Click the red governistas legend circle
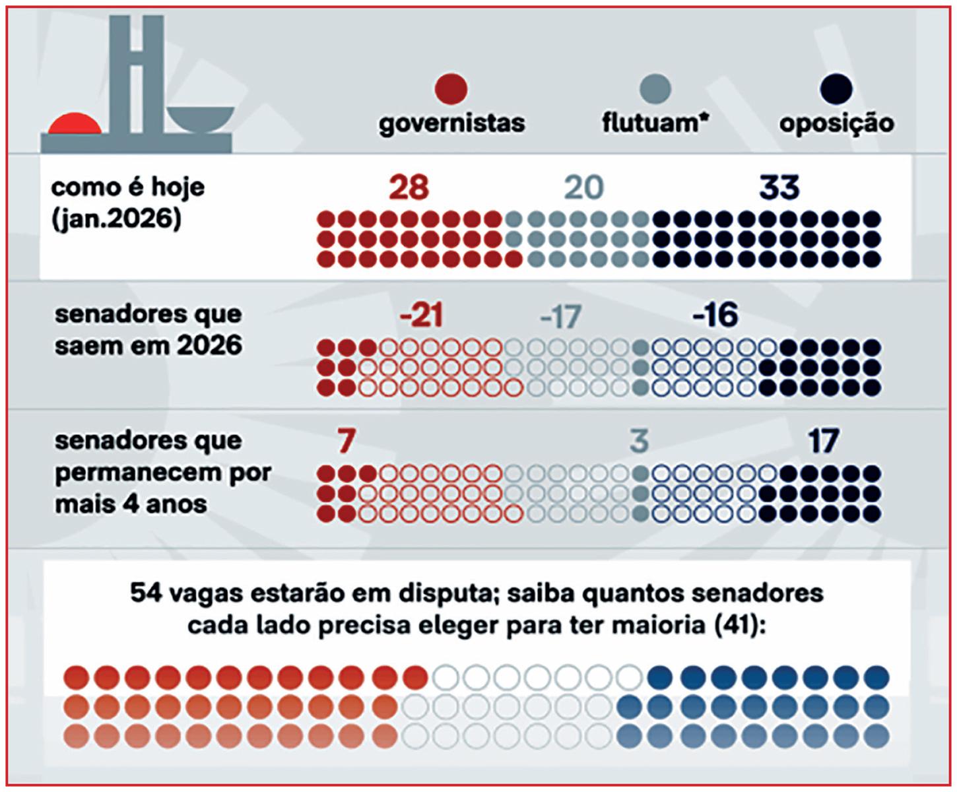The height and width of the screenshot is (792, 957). click(451, 88)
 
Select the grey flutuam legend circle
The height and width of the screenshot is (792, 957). click(655, 88)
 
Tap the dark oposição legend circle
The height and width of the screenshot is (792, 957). click(836, 88)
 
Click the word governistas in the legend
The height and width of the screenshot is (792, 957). click(451, 123)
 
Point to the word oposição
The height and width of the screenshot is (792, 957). click(836, 124)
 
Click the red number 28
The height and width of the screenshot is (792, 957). click(409, 187)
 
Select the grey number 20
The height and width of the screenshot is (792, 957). click(583, 187)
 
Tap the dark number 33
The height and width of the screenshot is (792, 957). click(779, 187)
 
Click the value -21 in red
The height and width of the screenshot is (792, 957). click(421, 316)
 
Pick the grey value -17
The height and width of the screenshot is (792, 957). click(560, 317)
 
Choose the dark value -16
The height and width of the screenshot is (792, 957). click(715, 316)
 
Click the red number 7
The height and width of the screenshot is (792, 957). click(346, 442)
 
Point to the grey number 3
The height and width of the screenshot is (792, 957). click(639, 442)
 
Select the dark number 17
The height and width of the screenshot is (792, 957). click(823, 442)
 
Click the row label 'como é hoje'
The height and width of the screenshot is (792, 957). click(128, 187)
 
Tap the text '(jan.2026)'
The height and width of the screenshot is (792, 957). click(115, 219)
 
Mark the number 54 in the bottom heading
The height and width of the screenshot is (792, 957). click(146, 593)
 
